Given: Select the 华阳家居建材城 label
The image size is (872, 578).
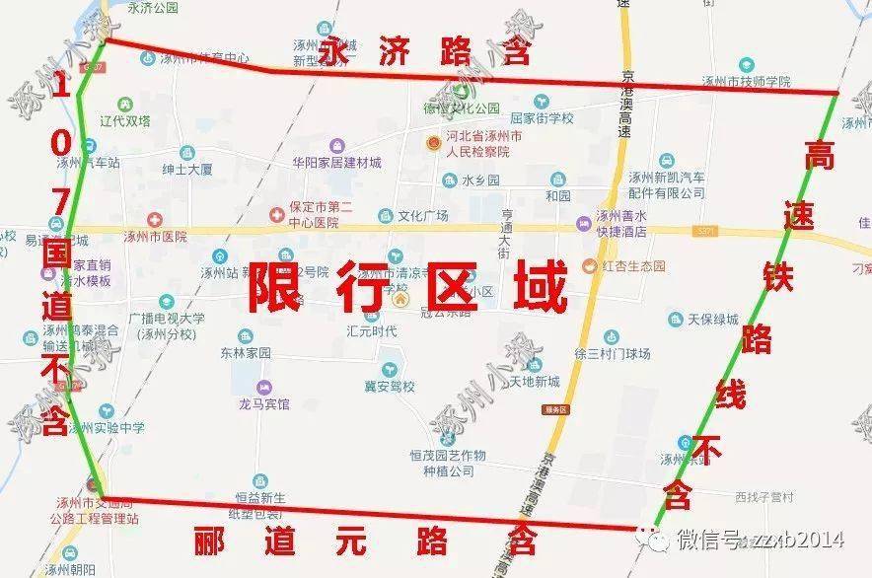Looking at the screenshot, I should click(336, 163).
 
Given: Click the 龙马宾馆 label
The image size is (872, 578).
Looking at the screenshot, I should click(264, 404).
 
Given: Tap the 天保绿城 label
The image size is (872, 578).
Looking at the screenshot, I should click(713, 319).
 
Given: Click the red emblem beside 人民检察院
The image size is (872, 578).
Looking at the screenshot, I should click(432, 144).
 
